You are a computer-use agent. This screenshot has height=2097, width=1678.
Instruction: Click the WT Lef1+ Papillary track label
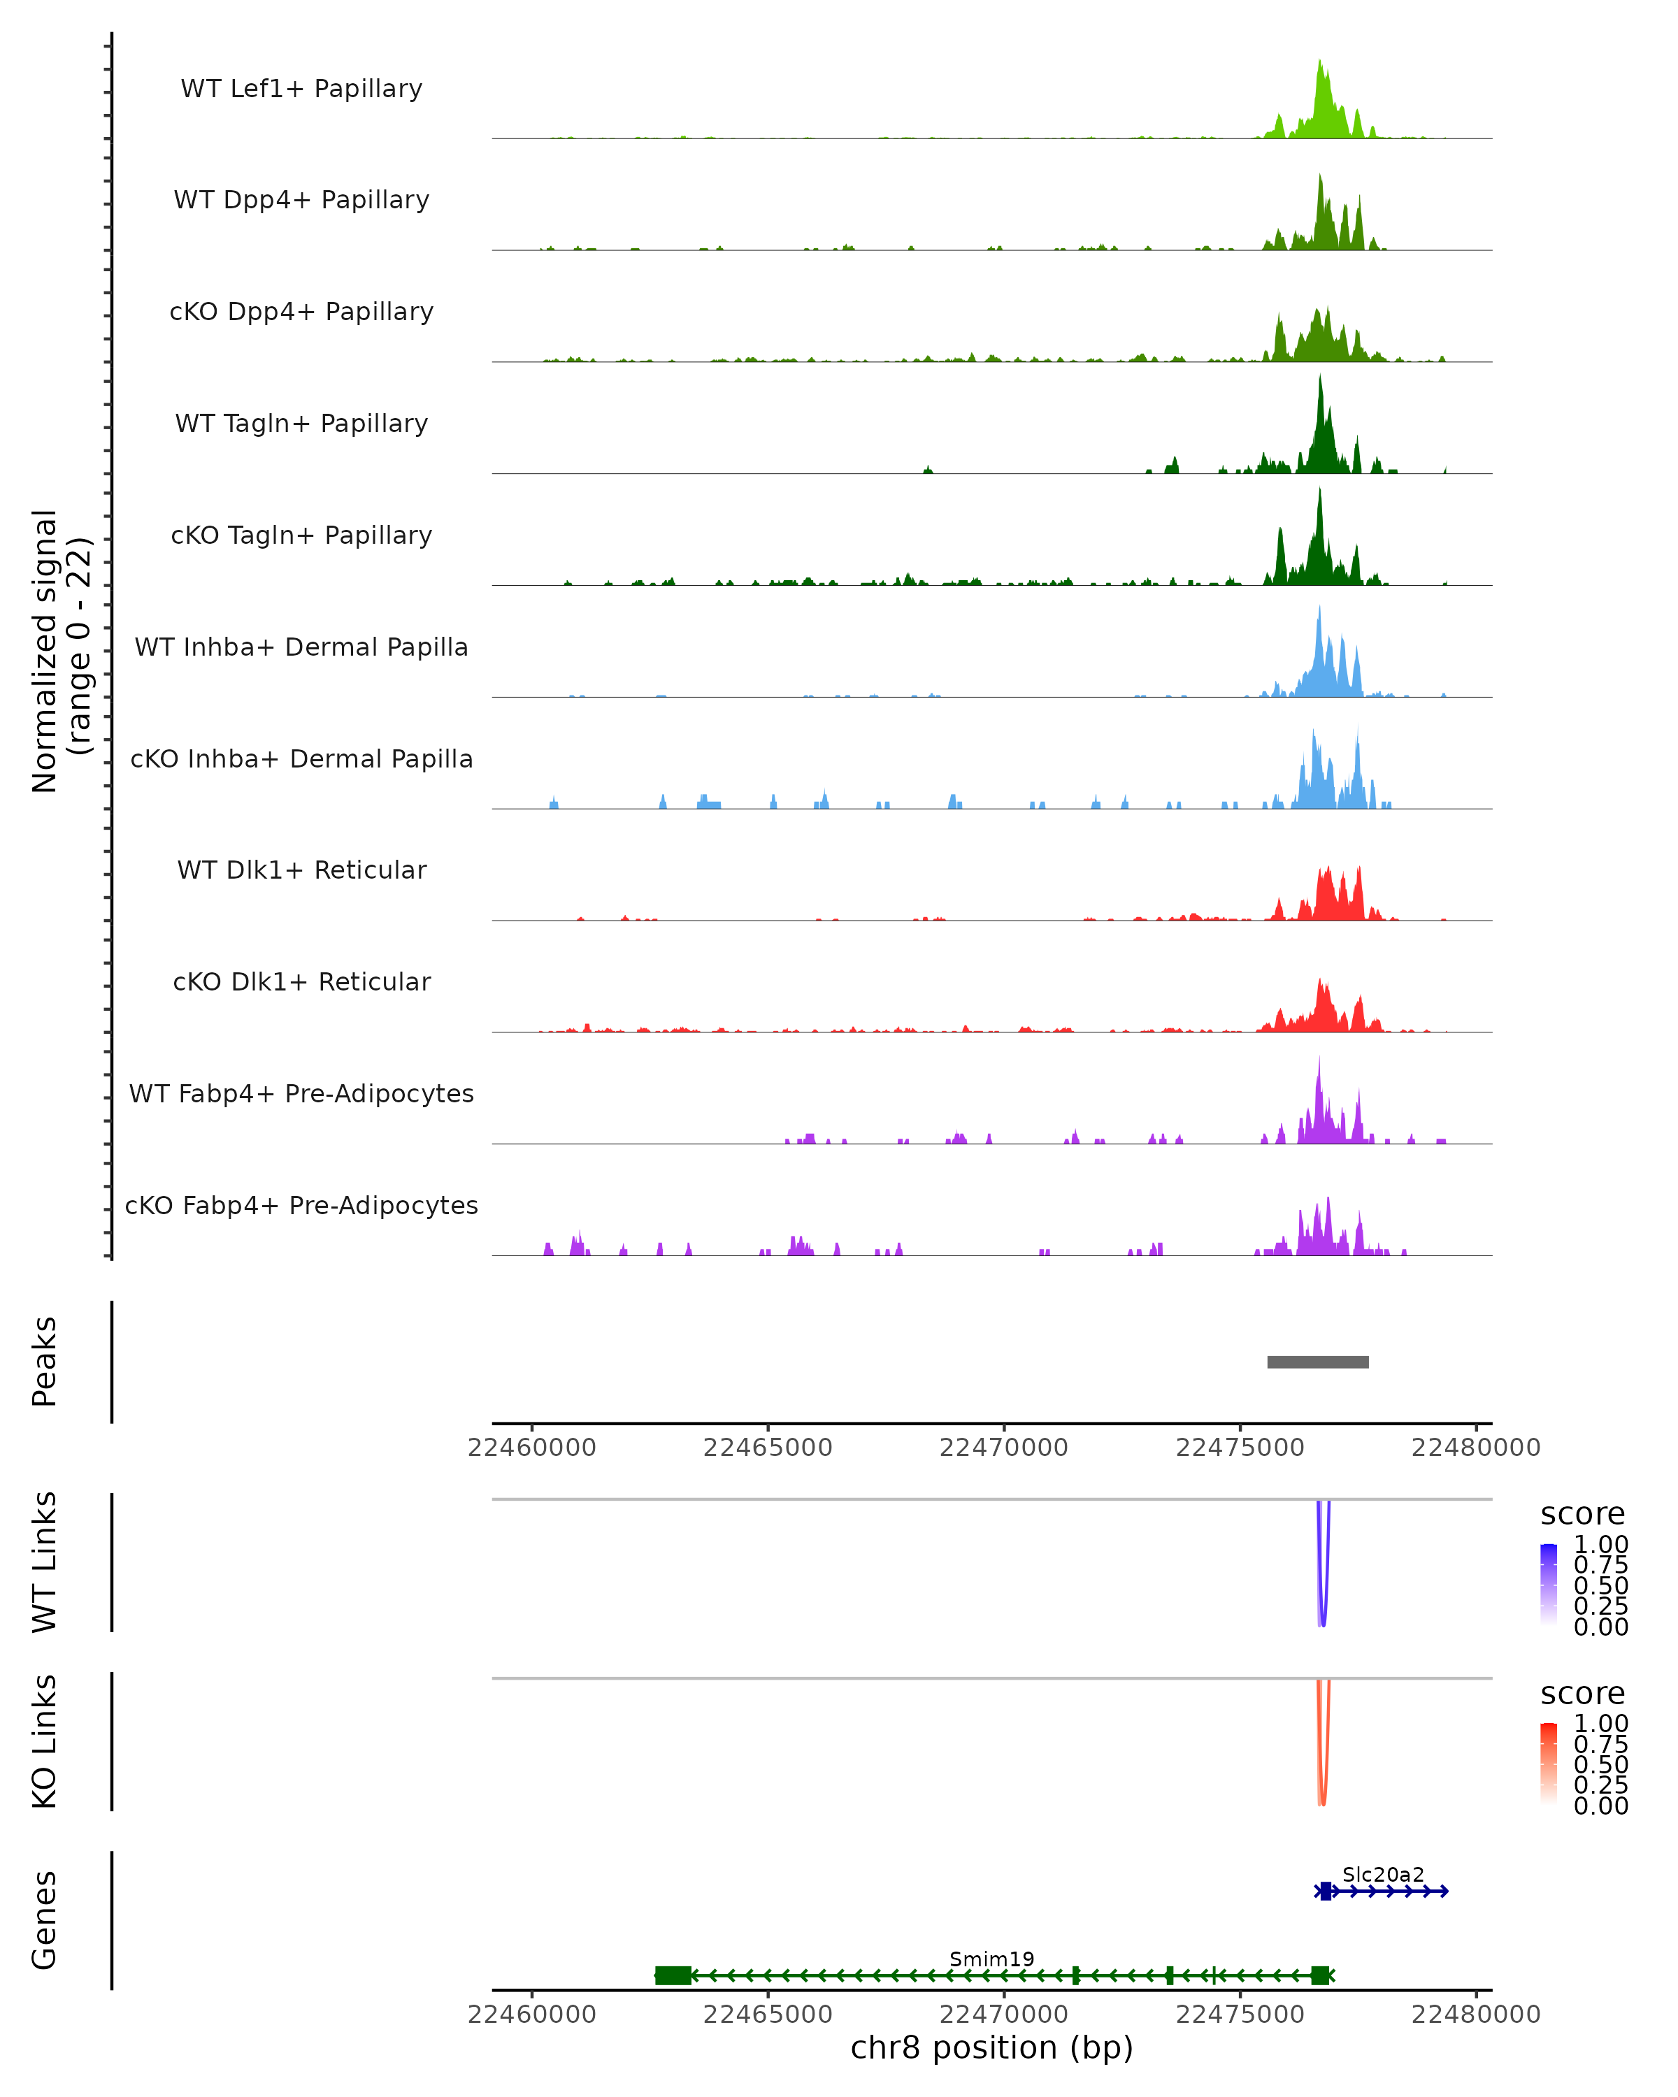tap(301, 89)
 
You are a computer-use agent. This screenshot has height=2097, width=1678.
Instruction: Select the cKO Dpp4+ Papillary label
tap(301, 312)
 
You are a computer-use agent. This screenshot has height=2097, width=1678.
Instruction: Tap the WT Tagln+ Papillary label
tap(301, 424)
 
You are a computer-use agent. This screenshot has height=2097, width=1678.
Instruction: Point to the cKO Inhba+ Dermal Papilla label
tap(301, 760)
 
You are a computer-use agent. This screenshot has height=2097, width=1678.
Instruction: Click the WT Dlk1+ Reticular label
tap(301, 870)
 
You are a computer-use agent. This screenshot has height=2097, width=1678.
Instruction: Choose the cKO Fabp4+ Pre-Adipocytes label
tap(301, 1206)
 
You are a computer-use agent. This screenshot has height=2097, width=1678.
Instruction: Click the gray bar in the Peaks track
tap(1317, 1362)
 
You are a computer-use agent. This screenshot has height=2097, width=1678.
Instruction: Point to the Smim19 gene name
tap(991, 1959)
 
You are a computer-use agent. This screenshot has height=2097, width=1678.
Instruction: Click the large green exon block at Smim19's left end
tap(673, 1975)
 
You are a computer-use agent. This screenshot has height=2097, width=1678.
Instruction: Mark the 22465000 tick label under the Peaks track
tap(768, 1448)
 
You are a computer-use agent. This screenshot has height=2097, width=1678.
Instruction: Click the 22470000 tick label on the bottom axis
tap(1004, 2015)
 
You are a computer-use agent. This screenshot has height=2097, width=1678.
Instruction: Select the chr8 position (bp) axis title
tap(991, 2048)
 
